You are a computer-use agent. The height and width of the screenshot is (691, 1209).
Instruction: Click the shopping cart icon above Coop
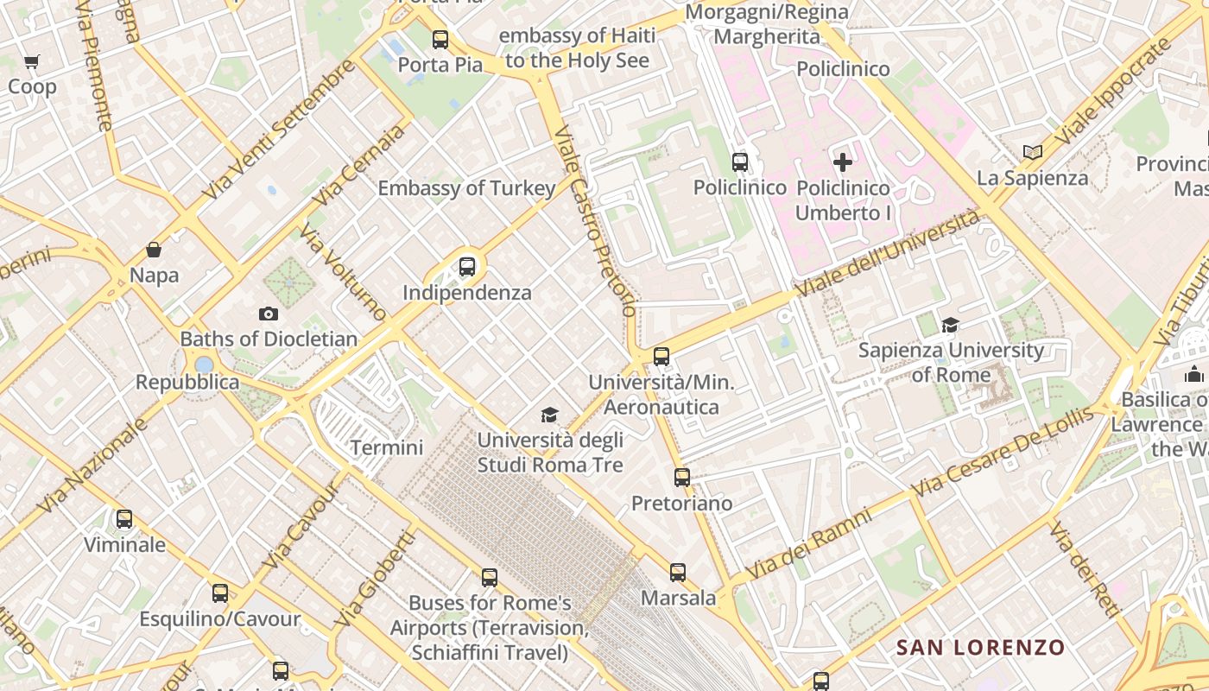pos(32,62)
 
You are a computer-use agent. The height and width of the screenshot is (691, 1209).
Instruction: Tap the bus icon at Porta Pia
pos(440,40)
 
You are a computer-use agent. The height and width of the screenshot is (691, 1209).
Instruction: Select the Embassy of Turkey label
pos(466,188)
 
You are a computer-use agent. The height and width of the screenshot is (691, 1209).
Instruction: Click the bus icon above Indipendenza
pos(467,267)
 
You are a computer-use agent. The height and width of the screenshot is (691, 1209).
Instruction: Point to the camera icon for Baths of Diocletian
pos(269,314)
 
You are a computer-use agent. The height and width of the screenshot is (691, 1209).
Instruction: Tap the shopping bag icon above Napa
pos(154,250)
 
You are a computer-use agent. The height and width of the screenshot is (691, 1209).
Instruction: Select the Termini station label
pos(386,447)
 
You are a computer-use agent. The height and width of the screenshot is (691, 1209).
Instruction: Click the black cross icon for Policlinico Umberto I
pos(842,162)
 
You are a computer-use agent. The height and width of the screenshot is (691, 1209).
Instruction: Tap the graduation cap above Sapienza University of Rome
pos(951,325)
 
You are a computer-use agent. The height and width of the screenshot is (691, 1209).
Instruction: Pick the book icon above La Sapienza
pos(1032,153)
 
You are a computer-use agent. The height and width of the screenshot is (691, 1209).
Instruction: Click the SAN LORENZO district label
pos(980,647)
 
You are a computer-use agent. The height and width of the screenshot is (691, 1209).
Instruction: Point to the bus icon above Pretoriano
pos(682,477)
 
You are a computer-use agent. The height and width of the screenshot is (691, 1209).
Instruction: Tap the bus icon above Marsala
pos(678,572)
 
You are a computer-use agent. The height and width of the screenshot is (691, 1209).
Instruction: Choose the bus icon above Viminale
pos(124,519)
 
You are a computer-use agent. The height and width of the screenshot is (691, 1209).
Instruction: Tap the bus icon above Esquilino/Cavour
pos(220,593)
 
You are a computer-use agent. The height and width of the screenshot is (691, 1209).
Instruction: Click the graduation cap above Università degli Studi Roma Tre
pos(550,415)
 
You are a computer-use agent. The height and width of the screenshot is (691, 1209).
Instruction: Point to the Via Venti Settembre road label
pos(278,130)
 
